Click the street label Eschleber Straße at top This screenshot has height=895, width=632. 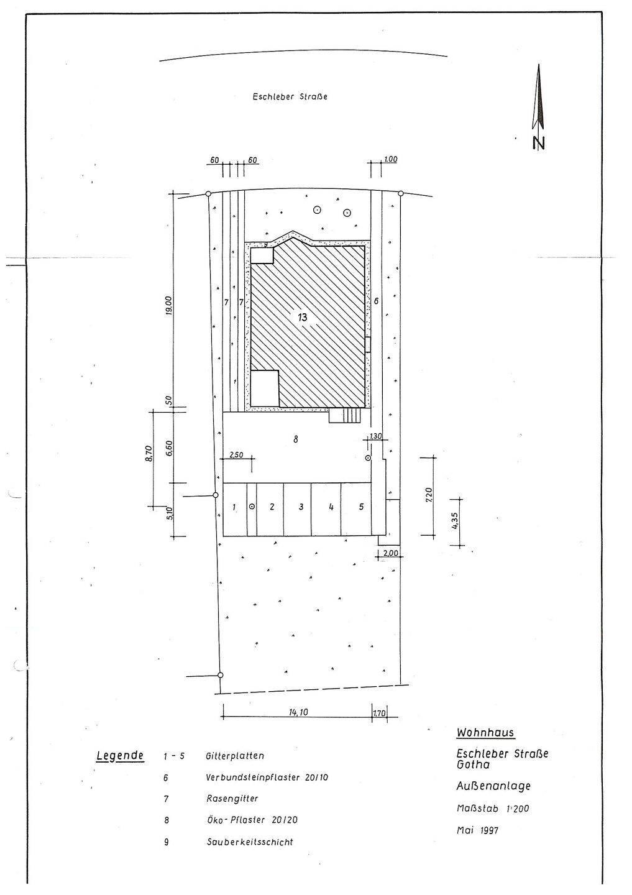tap(290, 97)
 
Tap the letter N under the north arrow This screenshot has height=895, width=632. tap(539, 143)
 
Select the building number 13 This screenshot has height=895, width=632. tap(302, 317)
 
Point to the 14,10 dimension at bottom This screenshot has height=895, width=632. tap(298, 712)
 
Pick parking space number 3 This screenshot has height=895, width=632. tap(301, 507)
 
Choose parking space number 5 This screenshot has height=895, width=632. tap(361, 506)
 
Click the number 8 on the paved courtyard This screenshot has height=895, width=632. tap(296, 439)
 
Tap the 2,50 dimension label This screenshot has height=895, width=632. tap(237, 455)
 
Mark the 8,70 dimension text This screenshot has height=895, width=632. tap(149, 454)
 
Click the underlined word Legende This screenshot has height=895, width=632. tap(120, 756)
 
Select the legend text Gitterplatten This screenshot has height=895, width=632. tap(235, 756)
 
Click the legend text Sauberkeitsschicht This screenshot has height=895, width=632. tap(250, 842)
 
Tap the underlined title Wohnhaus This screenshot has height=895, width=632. tap(485, 733)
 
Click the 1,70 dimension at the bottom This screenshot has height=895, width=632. tap(378, 712)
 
